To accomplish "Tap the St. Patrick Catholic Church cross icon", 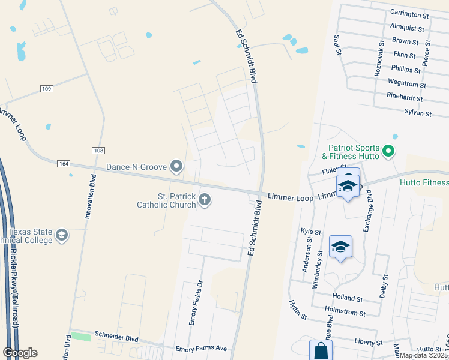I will point(205,200).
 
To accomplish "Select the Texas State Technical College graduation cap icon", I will point(61,236).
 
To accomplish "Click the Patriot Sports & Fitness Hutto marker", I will point(388,151).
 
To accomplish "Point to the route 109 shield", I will point(47,89).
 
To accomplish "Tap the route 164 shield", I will point(64,163).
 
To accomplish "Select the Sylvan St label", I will point(418,112).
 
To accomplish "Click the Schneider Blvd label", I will point(117,338).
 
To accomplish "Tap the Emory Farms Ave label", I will point(201,348).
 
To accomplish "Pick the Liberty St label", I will point(368,342).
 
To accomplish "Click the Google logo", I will point(20,352).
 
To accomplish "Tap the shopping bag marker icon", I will point(320,352).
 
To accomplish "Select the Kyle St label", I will point(310,231).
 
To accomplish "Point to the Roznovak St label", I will point(379,58).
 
